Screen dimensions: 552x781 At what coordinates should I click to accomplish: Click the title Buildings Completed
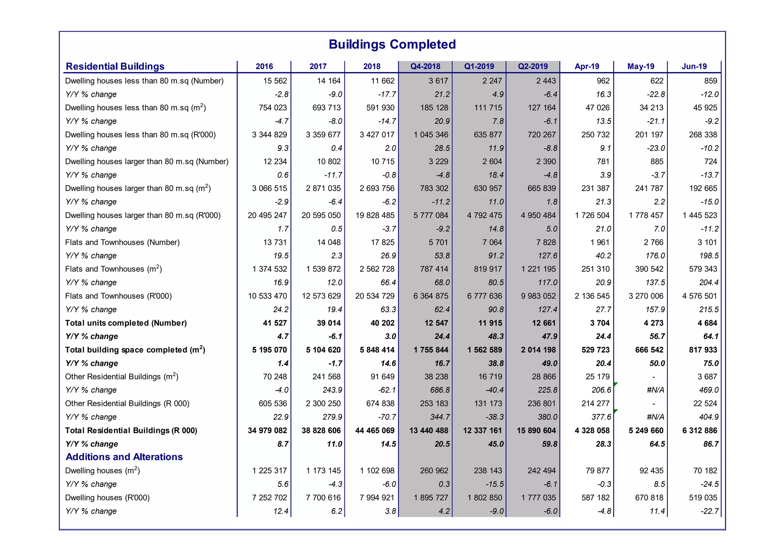coord(392,44)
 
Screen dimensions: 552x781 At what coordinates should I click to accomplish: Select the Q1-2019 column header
coord(479,66)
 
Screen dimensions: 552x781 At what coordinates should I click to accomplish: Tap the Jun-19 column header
coord(694,66)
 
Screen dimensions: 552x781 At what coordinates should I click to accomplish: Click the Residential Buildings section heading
coord(115,66)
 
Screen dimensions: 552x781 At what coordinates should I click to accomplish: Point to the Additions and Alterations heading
coord(124,457)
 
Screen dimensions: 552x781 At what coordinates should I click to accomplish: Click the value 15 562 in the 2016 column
coord(275,81)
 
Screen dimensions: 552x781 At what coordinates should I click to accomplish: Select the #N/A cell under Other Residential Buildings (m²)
coord(656,390)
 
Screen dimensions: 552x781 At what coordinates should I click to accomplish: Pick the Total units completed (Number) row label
coord(126,323)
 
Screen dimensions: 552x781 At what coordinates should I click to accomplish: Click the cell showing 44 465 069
coord(374,430)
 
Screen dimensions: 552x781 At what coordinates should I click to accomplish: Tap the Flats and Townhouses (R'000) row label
coord(118,296)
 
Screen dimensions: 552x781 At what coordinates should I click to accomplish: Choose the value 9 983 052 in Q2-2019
coord(538,296)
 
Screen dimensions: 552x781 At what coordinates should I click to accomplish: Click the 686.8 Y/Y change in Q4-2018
coord(439,390)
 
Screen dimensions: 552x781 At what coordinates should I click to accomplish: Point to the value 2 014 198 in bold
coord(538,350)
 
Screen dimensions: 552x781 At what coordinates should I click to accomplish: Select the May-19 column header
coord(641,66)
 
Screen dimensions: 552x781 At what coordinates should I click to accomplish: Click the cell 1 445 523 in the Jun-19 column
coord(700,215)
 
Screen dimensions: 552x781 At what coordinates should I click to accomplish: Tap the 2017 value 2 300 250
coord(323,403)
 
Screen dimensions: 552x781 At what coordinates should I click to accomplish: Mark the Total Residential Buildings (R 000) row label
coord(131,430)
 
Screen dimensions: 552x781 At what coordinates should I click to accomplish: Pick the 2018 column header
coord(371,66)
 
